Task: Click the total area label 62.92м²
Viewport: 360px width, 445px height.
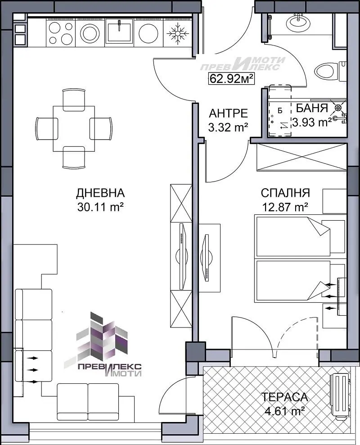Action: point(231,78)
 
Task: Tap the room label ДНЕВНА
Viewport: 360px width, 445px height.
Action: point(100,193)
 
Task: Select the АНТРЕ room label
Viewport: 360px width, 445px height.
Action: point(228,113)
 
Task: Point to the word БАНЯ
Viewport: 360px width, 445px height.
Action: point(312,108)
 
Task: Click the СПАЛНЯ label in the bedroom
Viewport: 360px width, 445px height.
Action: point(285,193)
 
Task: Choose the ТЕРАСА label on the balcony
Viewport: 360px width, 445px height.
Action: point(284,397)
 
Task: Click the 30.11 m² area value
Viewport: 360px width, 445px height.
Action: point(100,207)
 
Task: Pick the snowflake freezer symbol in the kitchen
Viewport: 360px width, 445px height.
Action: point(177,33)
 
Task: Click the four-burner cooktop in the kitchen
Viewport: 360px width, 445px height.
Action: point(61,33)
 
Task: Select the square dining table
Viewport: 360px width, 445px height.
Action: point(74,128)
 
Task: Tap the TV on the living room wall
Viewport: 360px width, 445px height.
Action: point(181,256)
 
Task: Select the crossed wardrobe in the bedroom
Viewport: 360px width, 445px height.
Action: point(301,157)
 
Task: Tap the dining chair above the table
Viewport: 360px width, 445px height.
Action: point(74,100)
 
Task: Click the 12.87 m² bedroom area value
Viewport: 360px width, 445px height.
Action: point(285,207)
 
